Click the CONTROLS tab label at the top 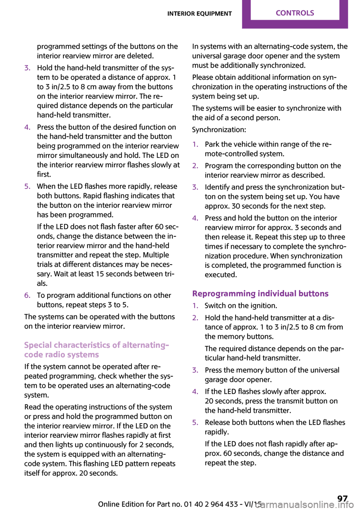coord(295,13)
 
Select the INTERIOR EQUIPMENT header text coord(199,14)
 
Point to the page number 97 coord(342,499)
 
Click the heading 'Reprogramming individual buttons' coord(260,294)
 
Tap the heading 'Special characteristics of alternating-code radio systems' coord(96,350)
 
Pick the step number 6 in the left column coord(27,295)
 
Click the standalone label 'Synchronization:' coord(219,130)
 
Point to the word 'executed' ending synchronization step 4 coord(220,275)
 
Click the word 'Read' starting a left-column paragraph coord(33,407)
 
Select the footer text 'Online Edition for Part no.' coord(140,504)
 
